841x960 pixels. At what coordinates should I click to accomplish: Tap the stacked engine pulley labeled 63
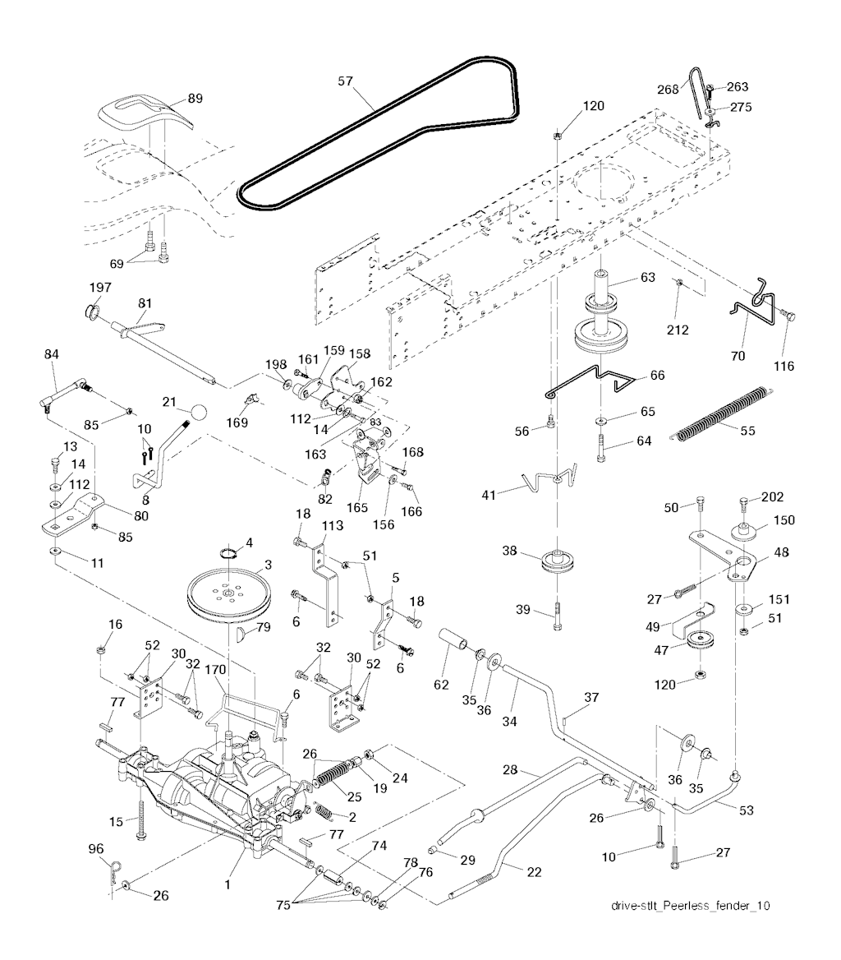point(609,316)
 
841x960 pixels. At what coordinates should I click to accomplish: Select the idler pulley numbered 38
point(558,565)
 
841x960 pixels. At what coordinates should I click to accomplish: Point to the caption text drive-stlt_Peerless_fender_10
point(691,906)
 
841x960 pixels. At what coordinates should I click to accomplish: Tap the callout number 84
point(52,354)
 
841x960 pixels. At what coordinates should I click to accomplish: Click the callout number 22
point(535,871)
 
